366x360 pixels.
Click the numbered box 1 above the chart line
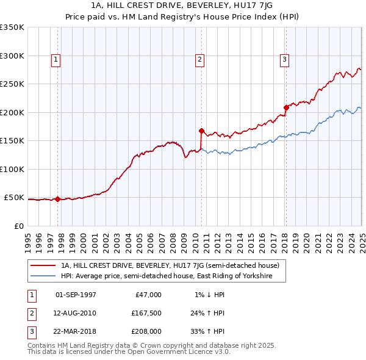[56, 59]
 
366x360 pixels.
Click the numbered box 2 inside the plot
[200, 59]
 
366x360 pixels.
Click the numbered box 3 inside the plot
[285, 59]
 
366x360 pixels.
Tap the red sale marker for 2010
[201, 131]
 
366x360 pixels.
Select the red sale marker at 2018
[285, 107]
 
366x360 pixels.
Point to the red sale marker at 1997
[57, 199]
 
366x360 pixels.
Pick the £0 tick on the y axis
[19, 226]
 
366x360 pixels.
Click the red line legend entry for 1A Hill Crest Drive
[170, 265]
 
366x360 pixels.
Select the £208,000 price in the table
[146, 331]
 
